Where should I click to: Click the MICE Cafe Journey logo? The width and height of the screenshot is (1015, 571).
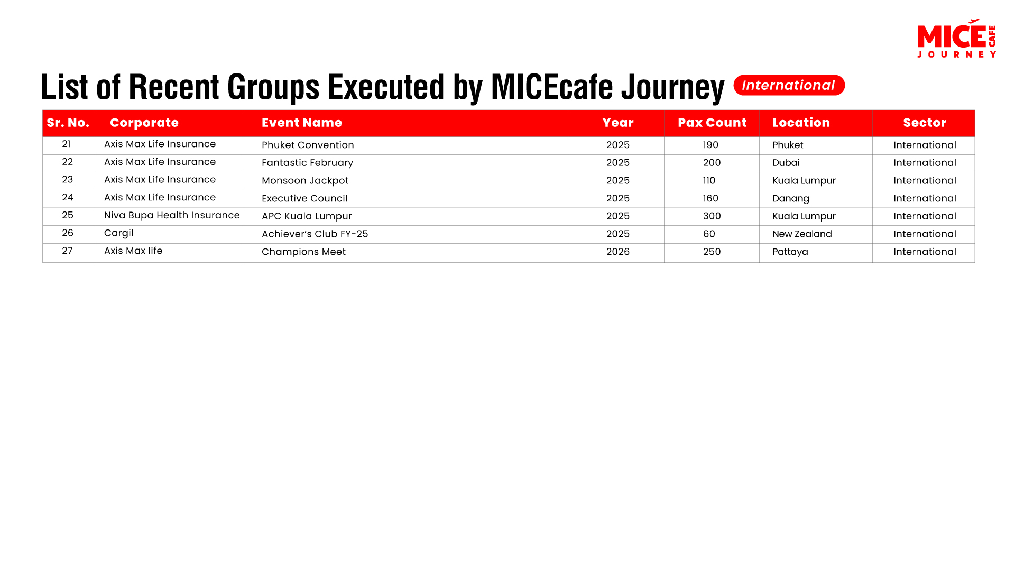pyautogui.click(x=956, y=39)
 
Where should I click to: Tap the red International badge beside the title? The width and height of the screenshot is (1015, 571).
pyautogui.click(x=789, y=85)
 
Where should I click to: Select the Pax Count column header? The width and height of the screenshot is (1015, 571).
pyautogui.click(x=712, y=123)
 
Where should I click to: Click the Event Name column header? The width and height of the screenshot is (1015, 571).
pyautogui.click(x=302, y=123)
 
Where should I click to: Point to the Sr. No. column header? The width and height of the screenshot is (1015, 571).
pyautogui.click(x=68, y=123)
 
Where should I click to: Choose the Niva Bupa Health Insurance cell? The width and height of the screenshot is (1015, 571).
pyautogui.click(x=172, y=215)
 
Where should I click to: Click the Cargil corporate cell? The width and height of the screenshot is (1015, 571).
pyautogui.click(x=118, y=233)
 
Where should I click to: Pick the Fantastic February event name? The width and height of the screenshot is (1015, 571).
pyautogui.click(x=307, y=163)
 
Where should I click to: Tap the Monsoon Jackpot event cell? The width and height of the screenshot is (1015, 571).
pyautogui.click(x=305, y=181)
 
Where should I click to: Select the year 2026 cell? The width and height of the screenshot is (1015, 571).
pyautogui.click(x=618, y=252)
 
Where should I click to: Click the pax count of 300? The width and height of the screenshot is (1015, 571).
pyautogui.click(x=712, y=216)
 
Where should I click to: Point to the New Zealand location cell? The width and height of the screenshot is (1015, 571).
pyautogui.click(x=802, y=234)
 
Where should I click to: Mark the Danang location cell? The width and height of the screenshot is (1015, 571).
pyautogui.click(x=791, y=199)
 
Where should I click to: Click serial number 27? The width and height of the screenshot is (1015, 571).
pyautogui.click(x=67, y=251)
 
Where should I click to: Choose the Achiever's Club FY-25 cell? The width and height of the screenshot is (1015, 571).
pyautogui.click(x=315, y=234)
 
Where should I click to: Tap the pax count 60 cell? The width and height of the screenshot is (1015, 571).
pyautogui.click(x=709, y=234)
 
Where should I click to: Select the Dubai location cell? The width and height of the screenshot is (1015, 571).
pyautogui.click(x=786, y=163)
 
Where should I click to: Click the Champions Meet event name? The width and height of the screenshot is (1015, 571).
pyautogui.click(x=303, y=252)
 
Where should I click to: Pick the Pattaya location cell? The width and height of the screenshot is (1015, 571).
pyautogui.click(x=790, y=252)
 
